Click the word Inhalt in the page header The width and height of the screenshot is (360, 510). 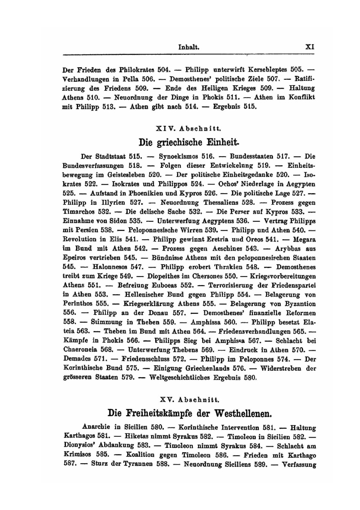click(189, 48)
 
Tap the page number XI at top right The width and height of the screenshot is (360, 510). click(310, 48)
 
